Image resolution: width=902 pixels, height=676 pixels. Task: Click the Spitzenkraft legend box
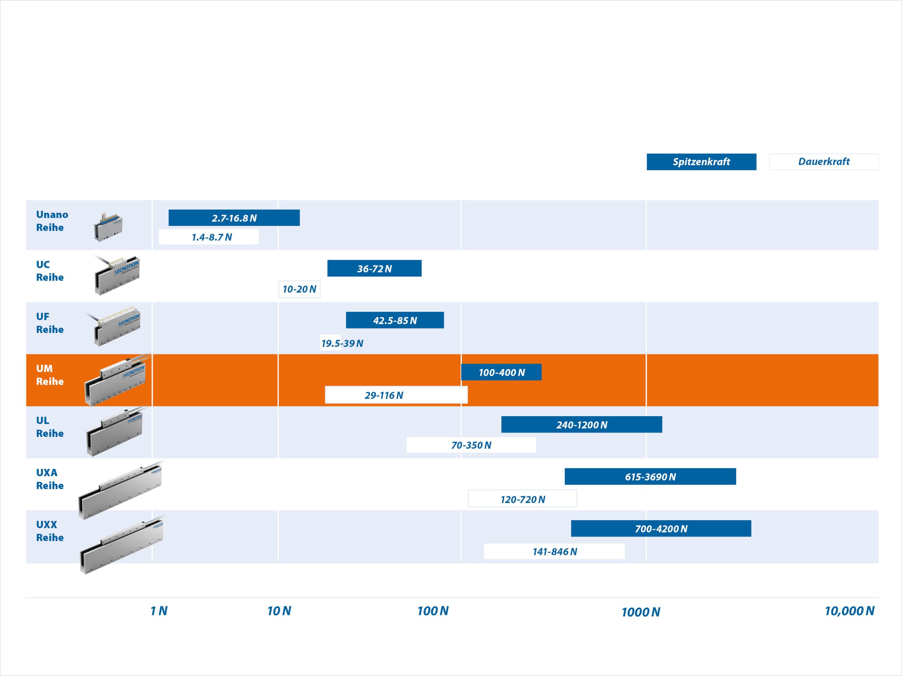(x=702, y=162)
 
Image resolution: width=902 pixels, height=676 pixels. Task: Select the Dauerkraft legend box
(x=824, y=162)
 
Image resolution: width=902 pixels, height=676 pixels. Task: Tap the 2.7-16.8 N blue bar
(x=234, y=218)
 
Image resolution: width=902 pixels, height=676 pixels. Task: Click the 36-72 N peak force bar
(x=374, y=269)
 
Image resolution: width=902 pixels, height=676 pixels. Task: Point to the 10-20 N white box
(x=299, y=289)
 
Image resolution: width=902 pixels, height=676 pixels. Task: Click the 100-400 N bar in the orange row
(x=501, y=372)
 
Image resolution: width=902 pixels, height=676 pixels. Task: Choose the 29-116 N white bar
(x=396, y=395)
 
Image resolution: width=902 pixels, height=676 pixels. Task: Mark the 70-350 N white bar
(x=471, y=445)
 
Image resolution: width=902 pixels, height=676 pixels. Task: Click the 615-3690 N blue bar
(x=650, y=477)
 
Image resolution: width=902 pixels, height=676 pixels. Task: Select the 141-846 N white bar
(x=554, y=551)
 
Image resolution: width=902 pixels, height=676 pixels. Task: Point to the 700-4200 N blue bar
(x=661, y=528)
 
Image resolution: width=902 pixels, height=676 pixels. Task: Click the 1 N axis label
(x=159, y=611)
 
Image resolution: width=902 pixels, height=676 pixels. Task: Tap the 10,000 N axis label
(x=850, y=611)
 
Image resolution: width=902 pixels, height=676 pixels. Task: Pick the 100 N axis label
(x=433, y=611)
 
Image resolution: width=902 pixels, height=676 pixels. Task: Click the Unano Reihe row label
(x=52, y=221)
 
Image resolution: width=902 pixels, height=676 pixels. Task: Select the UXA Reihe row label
(x=50, y=479)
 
